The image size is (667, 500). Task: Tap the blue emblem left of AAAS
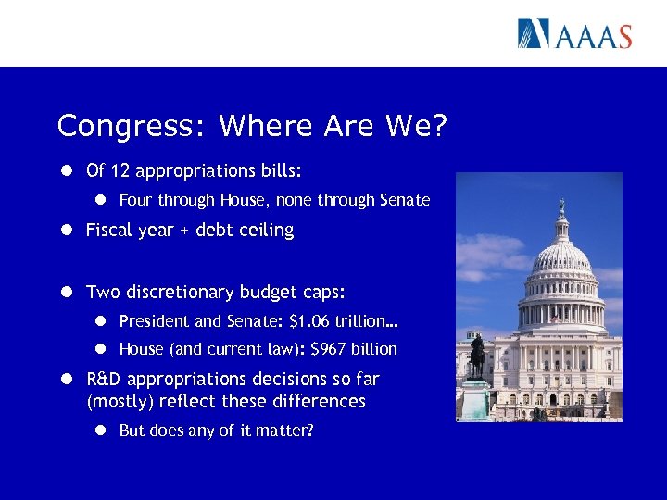point(534,33)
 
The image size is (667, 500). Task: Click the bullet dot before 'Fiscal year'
point(69,231)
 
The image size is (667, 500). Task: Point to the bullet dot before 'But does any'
point(102,431)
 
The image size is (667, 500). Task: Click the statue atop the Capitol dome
point(561,205)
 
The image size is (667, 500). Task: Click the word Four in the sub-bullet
point(136,200)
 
